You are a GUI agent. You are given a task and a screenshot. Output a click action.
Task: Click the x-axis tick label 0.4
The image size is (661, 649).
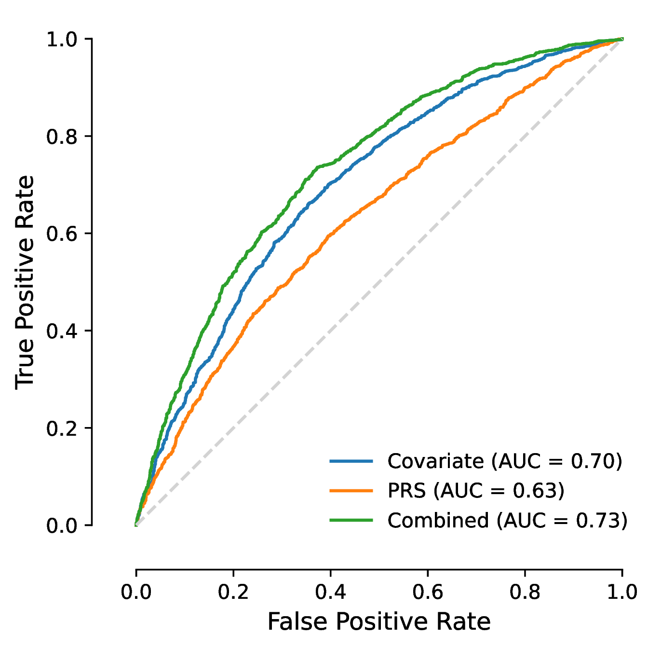pyautogui.click(x=330, y=592)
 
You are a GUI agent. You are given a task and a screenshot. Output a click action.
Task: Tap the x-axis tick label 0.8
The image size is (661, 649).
pyautogui.click(x=525, y=592)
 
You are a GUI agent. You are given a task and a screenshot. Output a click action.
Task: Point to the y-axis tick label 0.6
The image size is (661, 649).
pyautogui.click(x=62, y=234)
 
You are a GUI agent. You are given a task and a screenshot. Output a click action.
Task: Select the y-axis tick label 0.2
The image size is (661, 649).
pyautogui.click(x=62, y=428)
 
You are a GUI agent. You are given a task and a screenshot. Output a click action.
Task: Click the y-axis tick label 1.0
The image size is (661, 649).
pyautogui.click(x=62, y=40)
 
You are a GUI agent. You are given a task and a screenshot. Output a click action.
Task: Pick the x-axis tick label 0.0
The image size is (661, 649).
pyautogui.click(x=136, y=592)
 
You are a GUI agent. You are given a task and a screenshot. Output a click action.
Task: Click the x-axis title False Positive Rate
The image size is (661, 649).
pyautogui.click(x=379, y=621)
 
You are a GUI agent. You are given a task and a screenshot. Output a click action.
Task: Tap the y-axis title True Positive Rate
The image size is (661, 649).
pyautogui.click(x=25, y=282)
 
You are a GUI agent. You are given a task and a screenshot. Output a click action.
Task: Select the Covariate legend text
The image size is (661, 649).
pyautogui.click(x=435, y=461)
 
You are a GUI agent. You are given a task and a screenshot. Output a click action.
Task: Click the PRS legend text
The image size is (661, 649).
pyautogui.click(x=406, y=491)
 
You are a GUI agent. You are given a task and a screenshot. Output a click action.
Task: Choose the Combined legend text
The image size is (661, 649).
pyautogui.click(x=438, y=520)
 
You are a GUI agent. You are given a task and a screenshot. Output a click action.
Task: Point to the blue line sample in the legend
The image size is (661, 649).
pyautogui.click(x=351, y=461)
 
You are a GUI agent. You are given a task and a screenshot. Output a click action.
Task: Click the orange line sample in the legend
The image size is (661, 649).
pyautogui.click(x=351, y=491)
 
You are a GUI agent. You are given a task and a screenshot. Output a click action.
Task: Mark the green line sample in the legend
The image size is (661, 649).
pyautogui.click(x=351, y=520)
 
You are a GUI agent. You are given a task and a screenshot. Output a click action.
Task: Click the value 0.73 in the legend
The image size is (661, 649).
pyautogui.click(x=596, y=520)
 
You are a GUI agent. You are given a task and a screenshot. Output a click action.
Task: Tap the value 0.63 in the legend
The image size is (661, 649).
pyautogui.click(x=533, y=491)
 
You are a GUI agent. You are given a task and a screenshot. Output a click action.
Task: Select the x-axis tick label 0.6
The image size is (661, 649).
pyautogui.click(x=427, y=592)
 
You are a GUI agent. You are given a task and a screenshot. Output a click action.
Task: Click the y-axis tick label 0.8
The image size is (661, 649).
pyautogui.click(x=62, y=137)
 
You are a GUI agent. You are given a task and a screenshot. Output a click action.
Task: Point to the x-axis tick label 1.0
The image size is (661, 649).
pyautogui.click(x=622, y=592)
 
